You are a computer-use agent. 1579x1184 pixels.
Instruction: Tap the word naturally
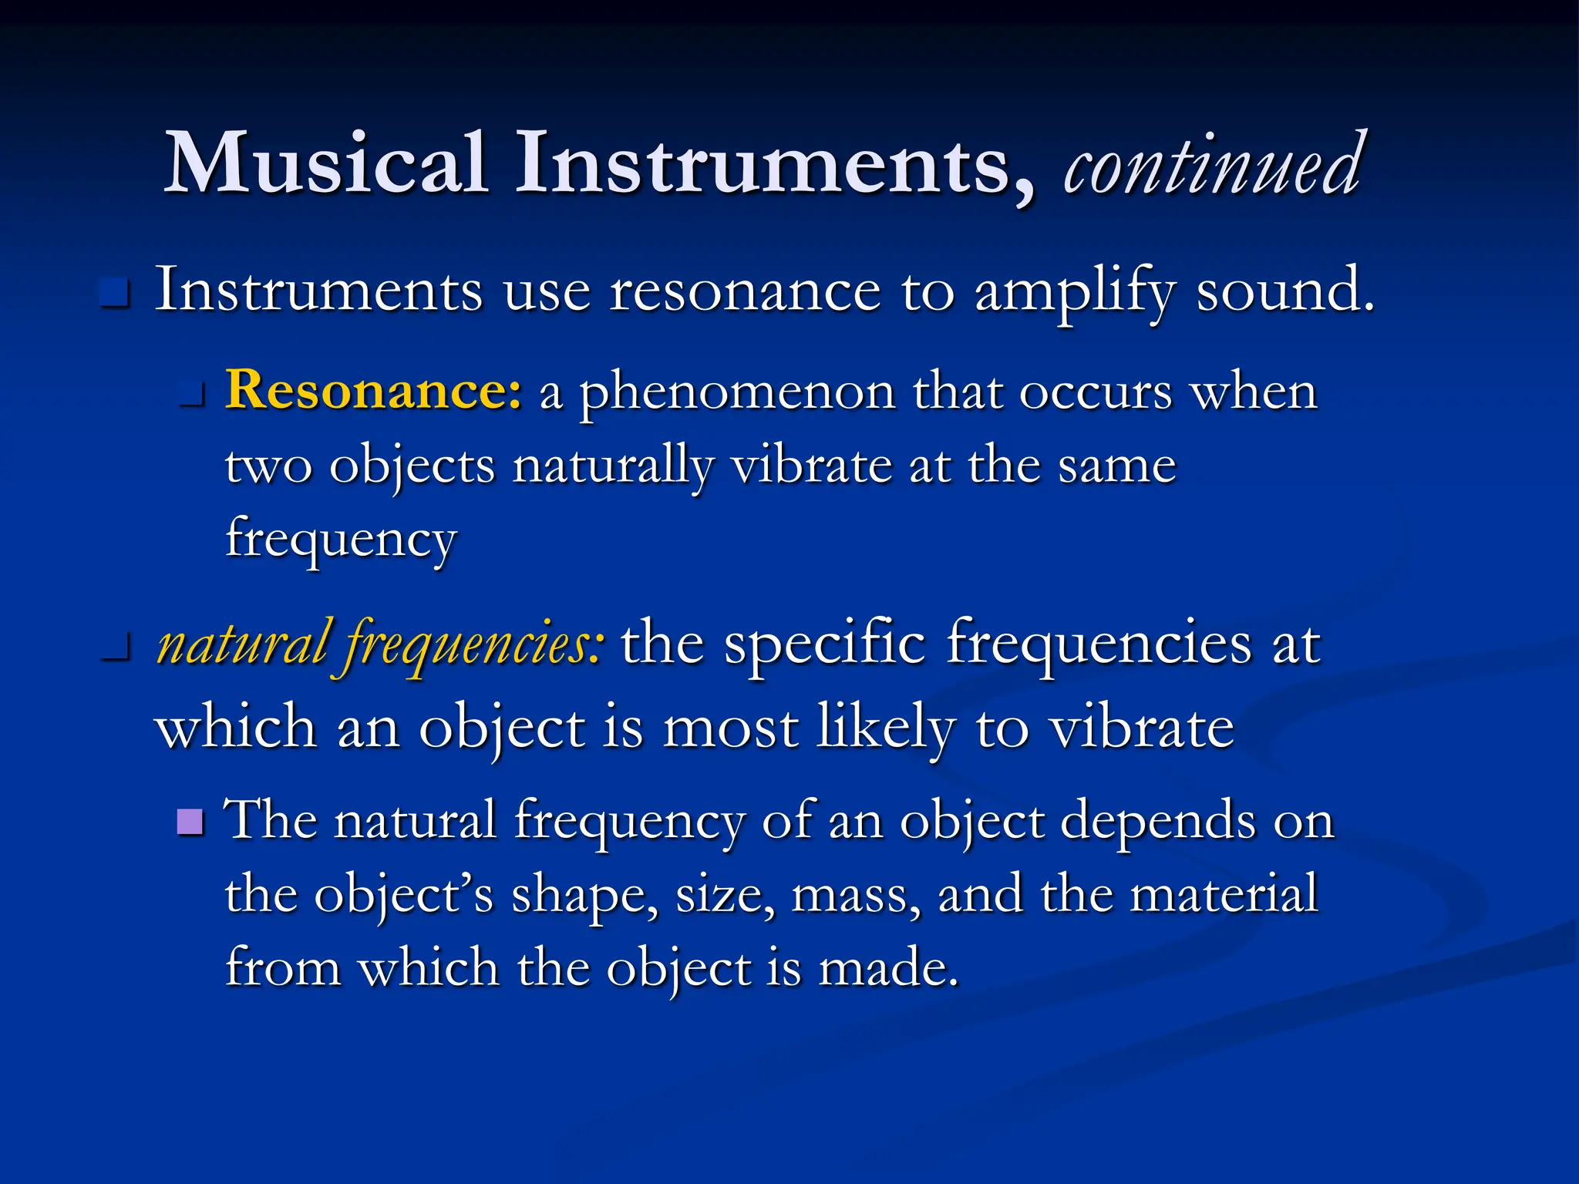coord(613,466)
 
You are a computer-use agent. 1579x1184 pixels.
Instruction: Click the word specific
coord(824,644)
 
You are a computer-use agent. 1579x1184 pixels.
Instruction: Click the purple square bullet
coord(190,822)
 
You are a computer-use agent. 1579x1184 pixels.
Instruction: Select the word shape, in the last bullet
coord(584,896)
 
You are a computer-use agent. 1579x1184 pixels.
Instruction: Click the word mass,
coord(856,896)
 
